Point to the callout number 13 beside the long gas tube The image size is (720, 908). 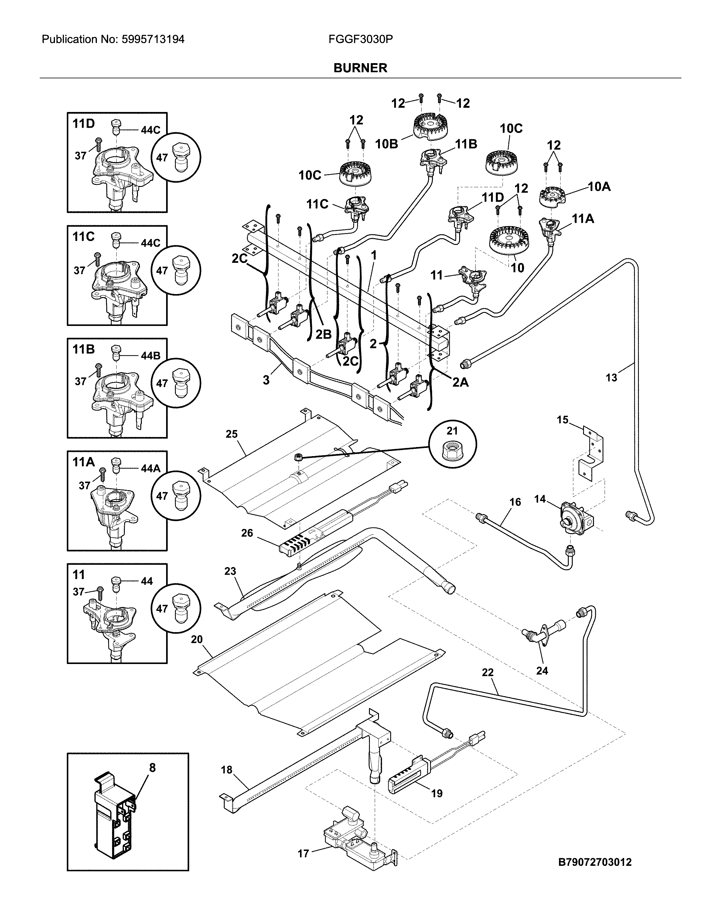(611, 378)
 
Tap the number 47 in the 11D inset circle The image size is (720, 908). (162, 158)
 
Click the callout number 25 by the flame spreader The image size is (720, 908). (232, 434)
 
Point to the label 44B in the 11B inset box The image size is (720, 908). (150, 356)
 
